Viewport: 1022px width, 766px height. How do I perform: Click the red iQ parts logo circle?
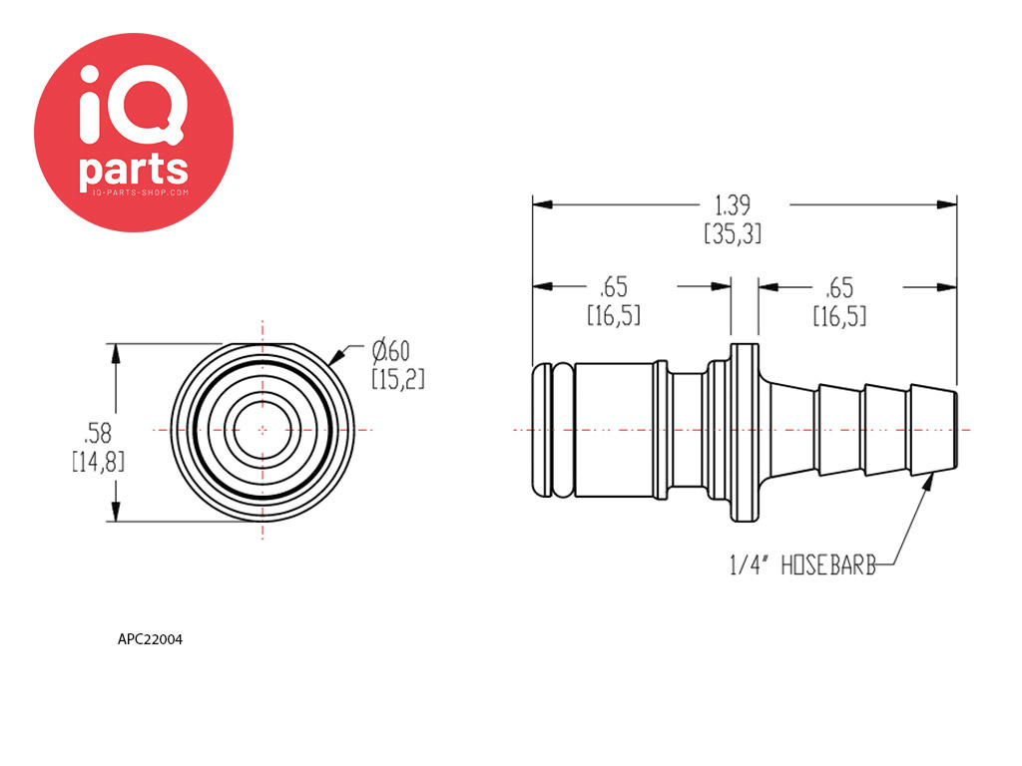pos(134,133)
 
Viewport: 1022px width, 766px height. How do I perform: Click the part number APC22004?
pos(150,639)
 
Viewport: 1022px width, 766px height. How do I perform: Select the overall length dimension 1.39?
pos(733,205)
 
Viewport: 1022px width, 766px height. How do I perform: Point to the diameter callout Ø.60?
pos(391,352)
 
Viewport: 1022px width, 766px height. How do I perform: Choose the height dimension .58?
pos(98,433)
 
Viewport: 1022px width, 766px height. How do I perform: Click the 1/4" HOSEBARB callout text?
pos(803,566)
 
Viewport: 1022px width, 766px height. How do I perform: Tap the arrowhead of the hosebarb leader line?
pos(929,483)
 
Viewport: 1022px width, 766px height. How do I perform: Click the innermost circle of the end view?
pos(262,430)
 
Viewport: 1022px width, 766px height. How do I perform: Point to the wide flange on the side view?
pos(745,433)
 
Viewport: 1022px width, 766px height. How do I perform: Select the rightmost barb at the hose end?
pos(933,430)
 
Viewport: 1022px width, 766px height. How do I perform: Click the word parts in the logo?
pos(134,170)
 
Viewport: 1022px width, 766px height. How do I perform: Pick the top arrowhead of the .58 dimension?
pos(116,354)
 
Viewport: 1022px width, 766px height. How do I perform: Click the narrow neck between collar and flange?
pos(689,430)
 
